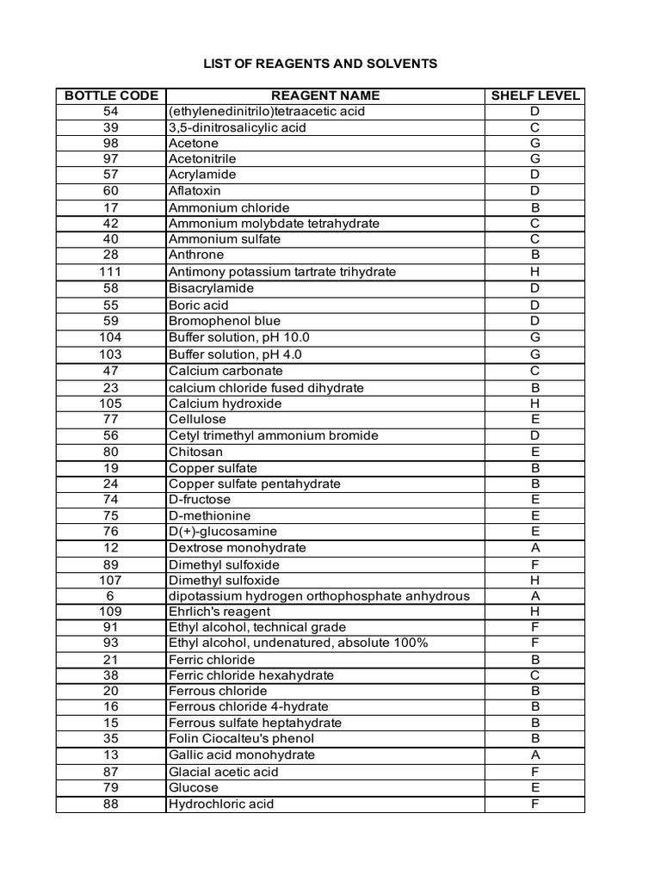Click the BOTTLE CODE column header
tap(110, 95)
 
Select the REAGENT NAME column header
tap(324, 95)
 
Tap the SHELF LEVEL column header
tap(535, 95)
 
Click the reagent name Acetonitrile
tap(202, 159)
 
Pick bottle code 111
tap(110, 271)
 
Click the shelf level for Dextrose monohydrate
tap(535, 548)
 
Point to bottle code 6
tap(110, 595)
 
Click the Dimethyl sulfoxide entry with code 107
tap(224, 580)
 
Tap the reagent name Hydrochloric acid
tap(221, 804)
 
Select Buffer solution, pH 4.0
tap(235, 354)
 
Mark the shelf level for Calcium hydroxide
tap(535, 404)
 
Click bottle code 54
tap(110, 111)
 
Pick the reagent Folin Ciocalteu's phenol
tap(241, 738)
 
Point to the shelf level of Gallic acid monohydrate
tap(535, 755)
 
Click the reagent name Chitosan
tap(195, 452)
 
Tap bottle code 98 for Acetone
tap(110, 143)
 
